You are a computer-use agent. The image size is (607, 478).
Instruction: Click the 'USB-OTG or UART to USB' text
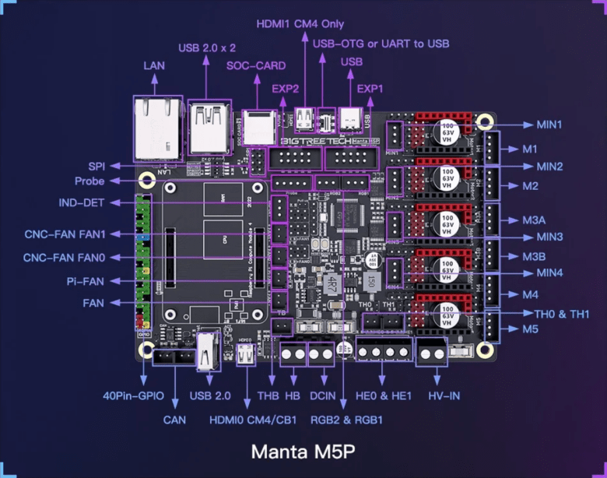coord(381,44)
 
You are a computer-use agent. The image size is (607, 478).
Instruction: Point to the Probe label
coord(89,181)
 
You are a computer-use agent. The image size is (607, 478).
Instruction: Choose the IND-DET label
coord(82,202)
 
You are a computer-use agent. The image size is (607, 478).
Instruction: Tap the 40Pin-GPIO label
coord(134,395)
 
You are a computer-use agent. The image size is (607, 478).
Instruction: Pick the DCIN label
coord(323,395)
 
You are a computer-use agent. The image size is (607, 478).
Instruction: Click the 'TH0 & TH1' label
coord(562,314)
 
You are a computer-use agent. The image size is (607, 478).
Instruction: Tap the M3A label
coord(534,220)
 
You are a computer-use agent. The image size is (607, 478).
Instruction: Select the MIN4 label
coord(549,272)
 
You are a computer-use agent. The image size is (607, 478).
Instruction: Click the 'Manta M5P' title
coord(303,452)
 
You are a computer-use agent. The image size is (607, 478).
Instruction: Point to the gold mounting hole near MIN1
coord(486,122)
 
